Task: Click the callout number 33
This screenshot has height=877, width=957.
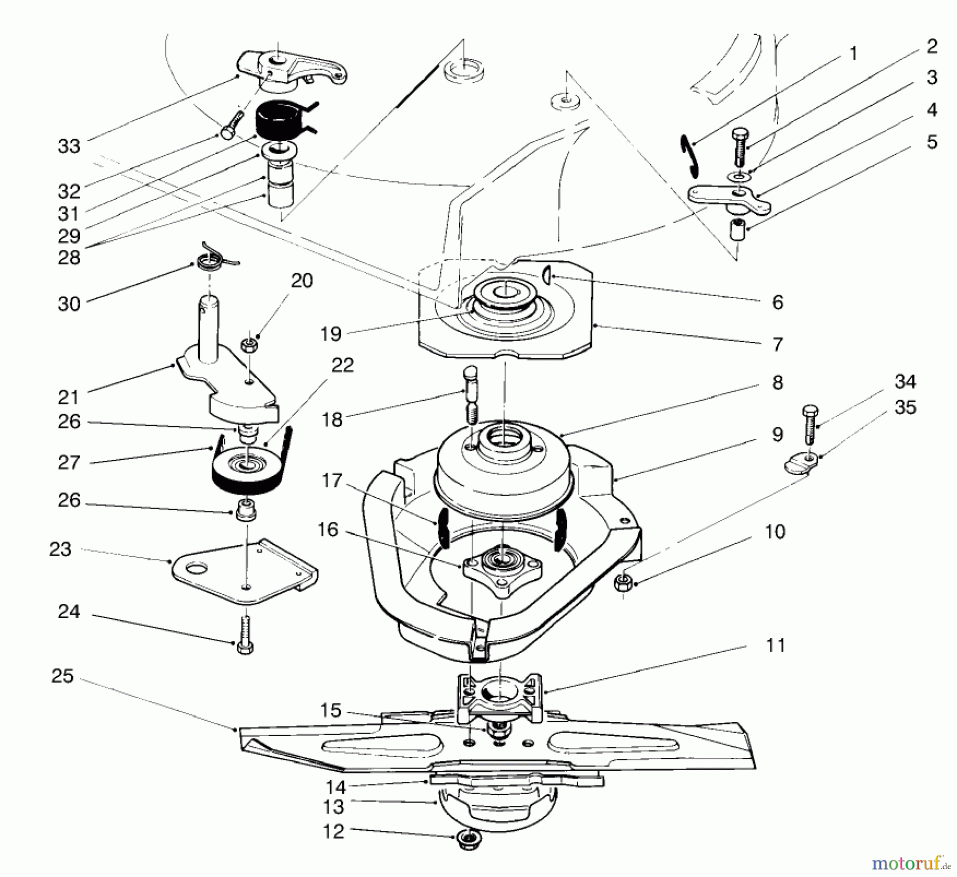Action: pos(69,146)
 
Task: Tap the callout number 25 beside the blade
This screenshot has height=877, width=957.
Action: pos(62,676)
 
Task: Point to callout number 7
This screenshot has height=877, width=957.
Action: pos(777,344)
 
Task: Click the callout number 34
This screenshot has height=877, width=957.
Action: pos(905,381)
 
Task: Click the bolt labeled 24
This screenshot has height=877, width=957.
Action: pos(245,636)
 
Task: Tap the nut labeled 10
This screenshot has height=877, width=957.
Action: pos(623,583)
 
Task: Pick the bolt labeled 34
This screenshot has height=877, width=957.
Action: pos(809,425)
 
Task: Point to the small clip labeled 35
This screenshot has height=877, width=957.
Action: pos(800,463)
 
